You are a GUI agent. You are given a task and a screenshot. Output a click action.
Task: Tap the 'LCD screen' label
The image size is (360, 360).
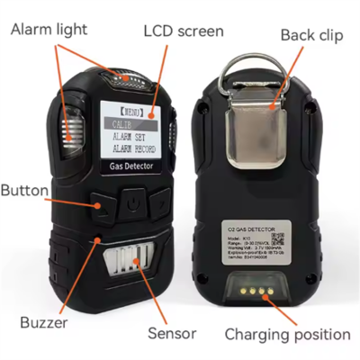click(184, 31)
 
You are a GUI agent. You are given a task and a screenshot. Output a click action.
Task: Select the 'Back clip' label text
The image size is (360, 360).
click(310, 35)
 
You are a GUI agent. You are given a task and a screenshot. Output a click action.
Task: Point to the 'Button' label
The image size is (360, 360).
click(30, 192)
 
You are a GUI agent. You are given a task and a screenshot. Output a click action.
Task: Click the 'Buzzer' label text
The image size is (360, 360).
click(43, 321)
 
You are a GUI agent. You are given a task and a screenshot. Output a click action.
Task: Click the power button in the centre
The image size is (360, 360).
click(132, 202)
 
